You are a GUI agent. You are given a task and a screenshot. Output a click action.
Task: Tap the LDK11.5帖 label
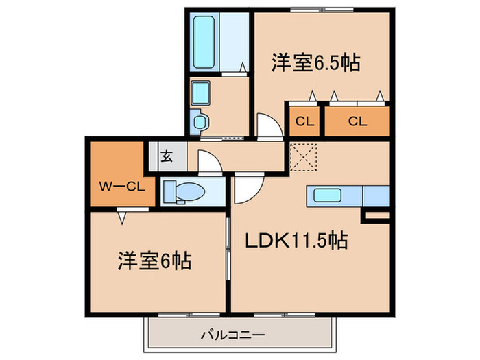click(297, 241)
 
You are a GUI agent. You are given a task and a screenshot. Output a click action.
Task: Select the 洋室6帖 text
click(154, 261)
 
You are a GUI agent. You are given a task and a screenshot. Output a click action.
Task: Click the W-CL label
click(121, 186)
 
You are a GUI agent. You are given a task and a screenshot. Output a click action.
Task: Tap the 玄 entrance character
click(167, 156)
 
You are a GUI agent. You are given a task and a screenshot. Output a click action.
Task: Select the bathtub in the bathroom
click(204, 43)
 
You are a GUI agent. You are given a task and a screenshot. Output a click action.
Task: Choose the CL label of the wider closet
click(356, 121)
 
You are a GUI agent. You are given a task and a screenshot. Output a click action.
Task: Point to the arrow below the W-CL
click(121, 218)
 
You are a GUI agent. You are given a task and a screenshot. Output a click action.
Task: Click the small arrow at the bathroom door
click(243, 67)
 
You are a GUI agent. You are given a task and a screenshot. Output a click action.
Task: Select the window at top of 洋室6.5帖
click(322, 9)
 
